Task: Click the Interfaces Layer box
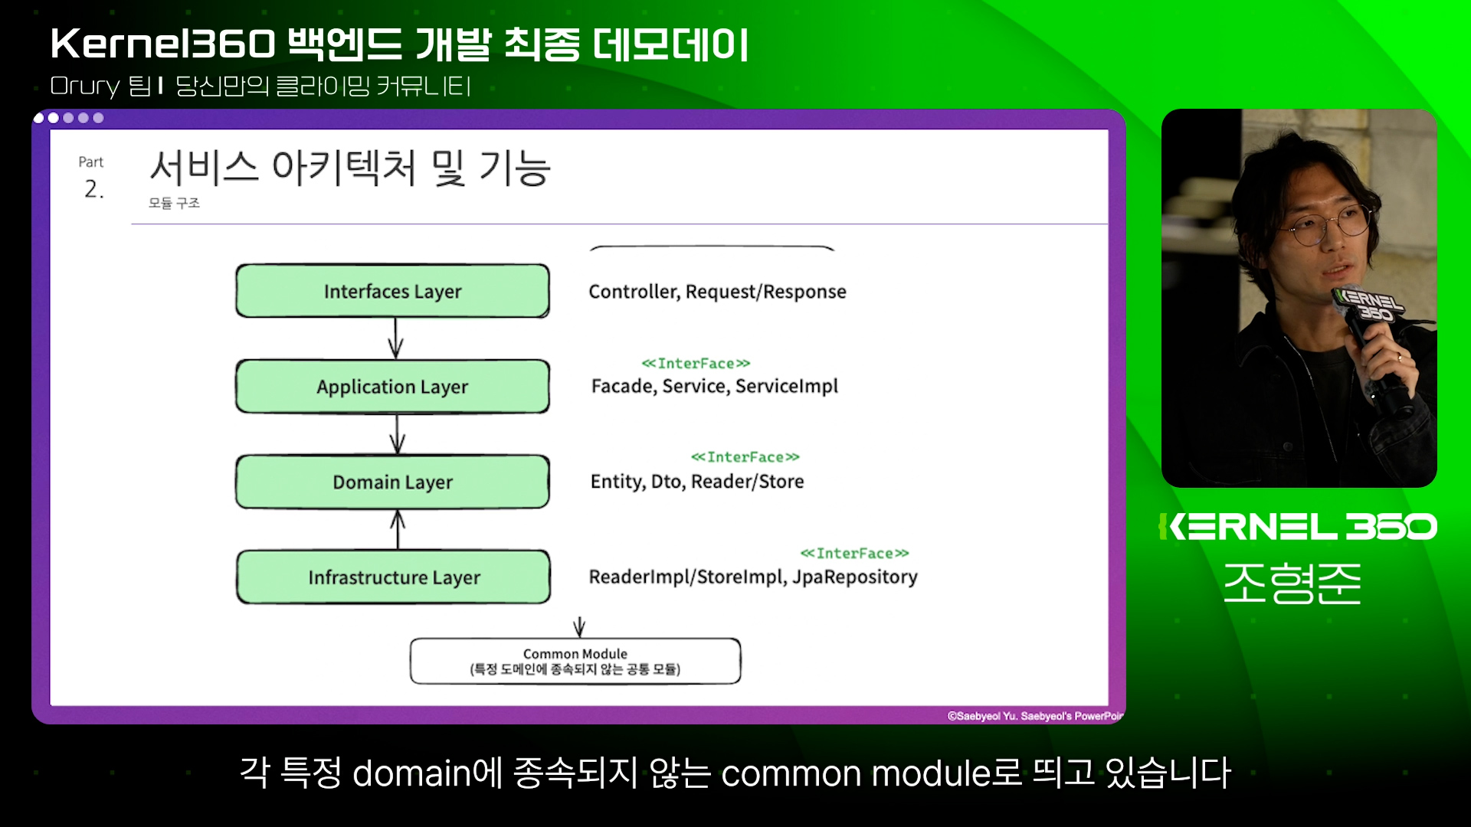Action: (392, 291)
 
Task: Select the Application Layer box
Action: (392, 387)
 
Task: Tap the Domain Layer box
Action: (392, 482)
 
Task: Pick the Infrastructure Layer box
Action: (393, 577)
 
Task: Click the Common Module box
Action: (575, 661)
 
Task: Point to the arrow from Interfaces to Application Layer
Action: (395, 338)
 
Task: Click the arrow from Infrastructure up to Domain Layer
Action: (398, 529)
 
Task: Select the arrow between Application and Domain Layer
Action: (397, 434)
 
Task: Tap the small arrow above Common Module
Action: (579, 626)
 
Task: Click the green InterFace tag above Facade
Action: (696, 363)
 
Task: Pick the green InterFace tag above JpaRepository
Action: (854, 553)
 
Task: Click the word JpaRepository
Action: (854, 577)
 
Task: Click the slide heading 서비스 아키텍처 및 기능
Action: (349, 168)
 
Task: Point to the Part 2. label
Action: (92, 178)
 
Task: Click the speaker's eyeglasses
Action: (1329, 225)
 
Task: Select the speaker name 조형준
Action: (1292, 583)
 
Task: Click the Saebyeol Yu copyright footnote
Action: (1034, 716)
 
